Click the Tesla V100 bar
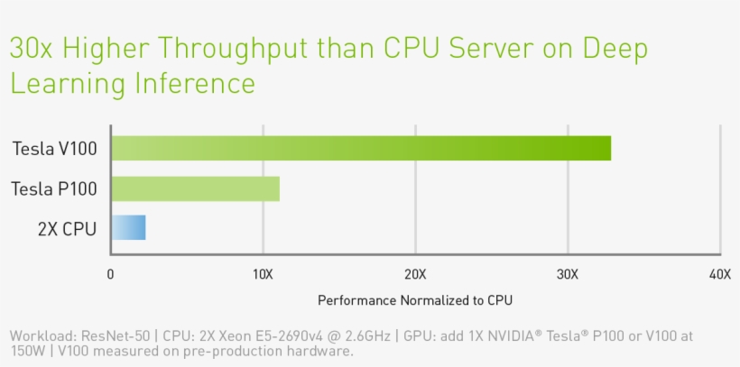pyautogui.click(x=361, y=148)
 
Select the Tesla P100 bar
pyautogui.click(x=195, y=188)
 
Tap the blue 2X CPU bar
pyautogui.click(x=128, y=227)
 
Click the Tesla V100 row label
pyautogui.click(x=54, y=149)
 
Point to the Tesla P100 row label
pyautogui.click(x=54, y=189)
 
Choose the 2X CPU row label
pyautogui.click(x=67, y=228)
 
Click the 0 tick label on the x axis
pyautogui.click(x=111, y=274)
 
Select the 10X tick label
pyautogui.click(x=263, y=274)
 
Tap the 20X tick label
pyautogui.click(x=415, y=274)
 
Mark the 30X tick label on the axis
pyautogui.click(x=568, y=274)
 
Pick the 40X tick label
pyautogui.click(x=719, y=274)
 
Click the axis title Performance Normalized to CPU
pyautogui.click(x=414, y=299)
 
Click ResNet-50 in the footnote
pyautogui.click(x=114, y=336)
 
